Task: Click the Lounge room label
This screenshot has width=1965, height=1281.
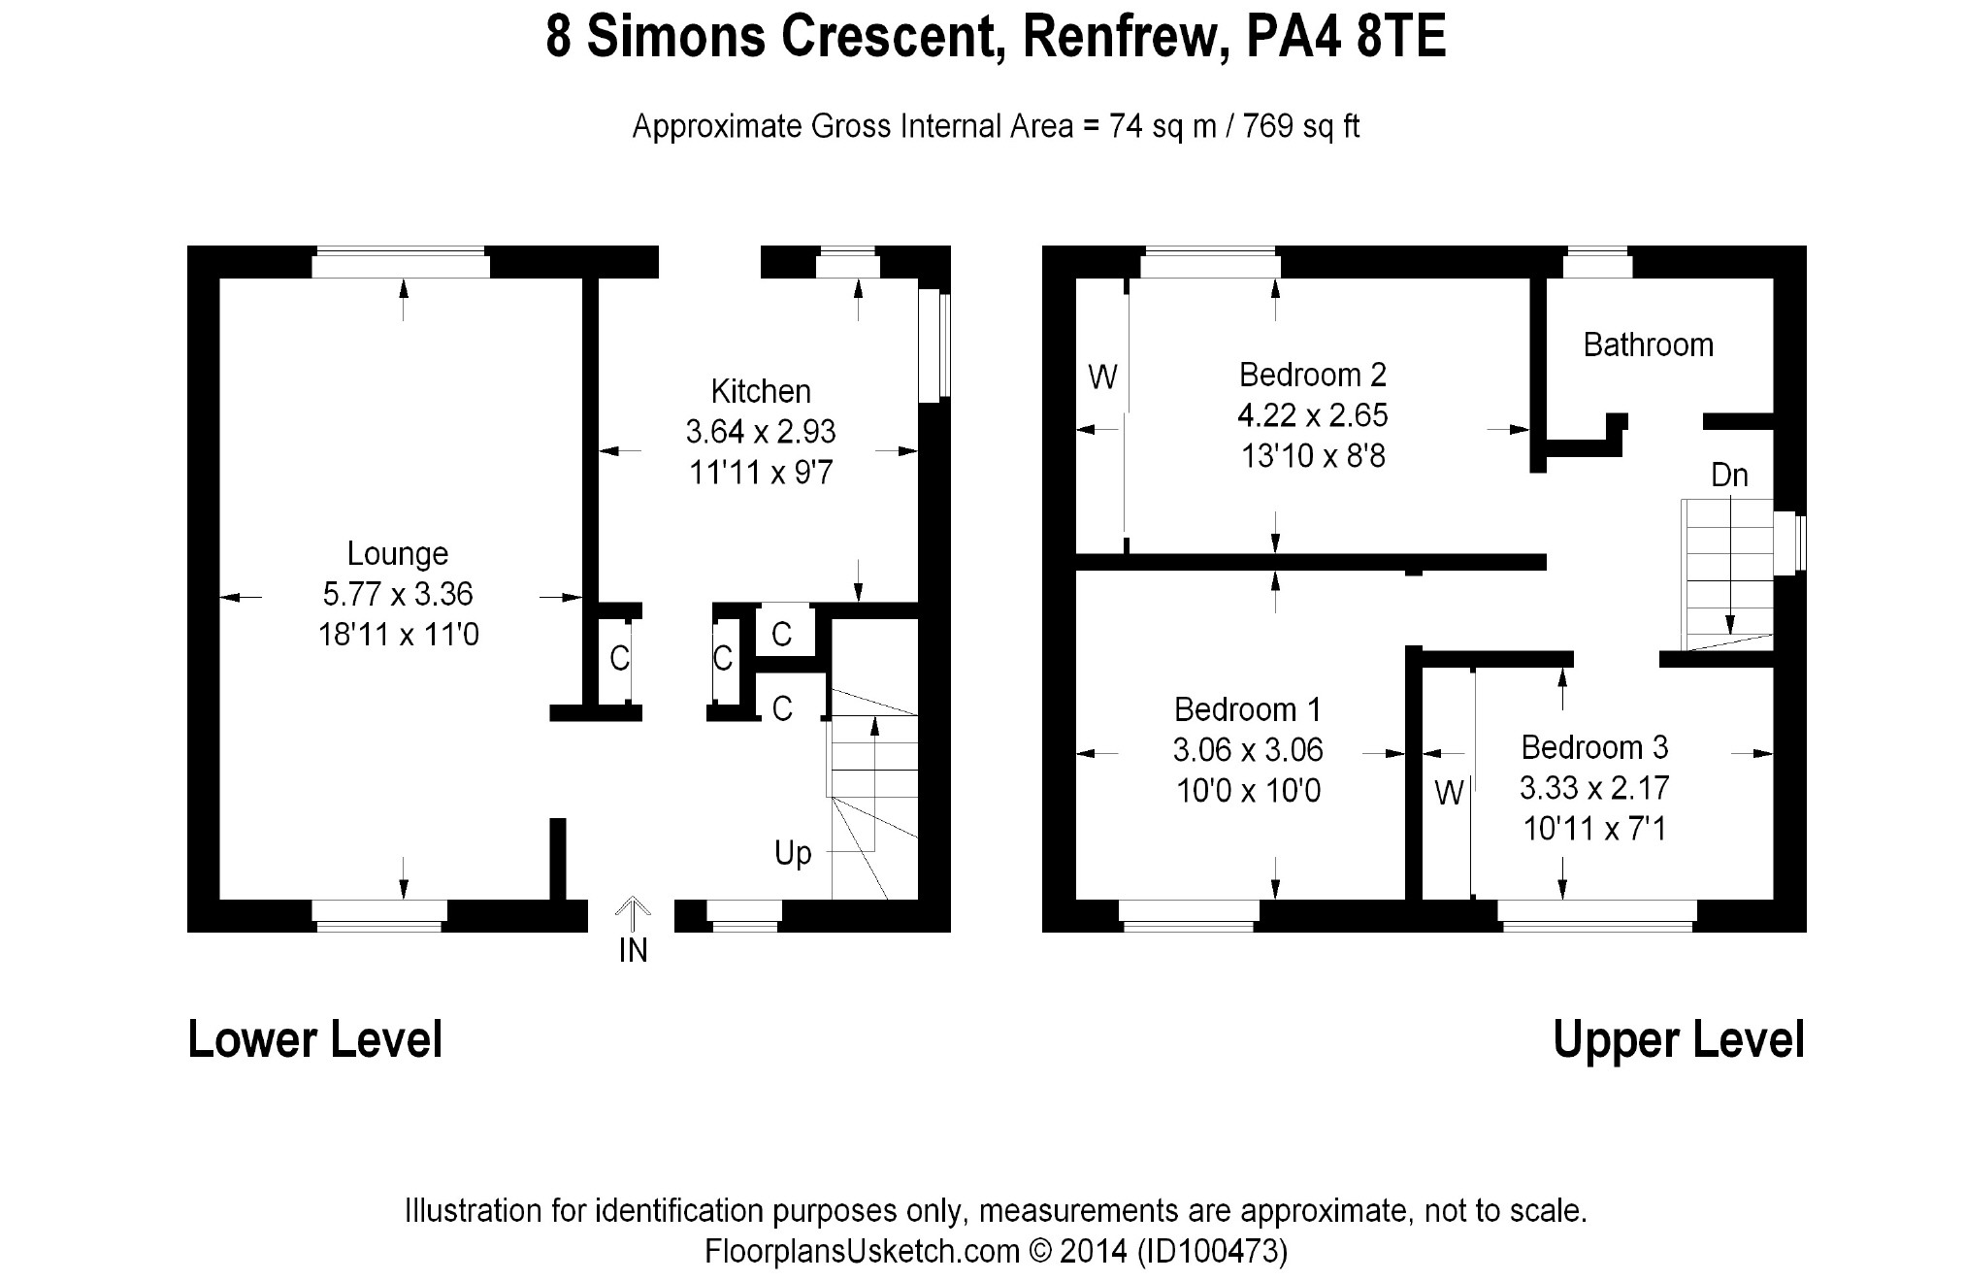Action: [x=398, y=554]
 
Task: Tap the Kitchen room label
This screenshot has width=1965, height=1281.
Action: [x=761, y=392]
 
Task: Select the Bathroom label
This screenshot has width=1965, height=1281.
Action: [x=1648, y=345]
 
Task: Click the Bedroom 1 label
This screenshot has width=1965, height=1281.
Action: [x=1247, y=710]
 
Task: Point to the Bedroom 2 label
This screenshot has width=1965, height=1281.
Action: [x=1312, y=375]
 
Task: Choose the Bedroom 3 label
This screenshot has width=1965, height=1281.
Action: [x=1594, y=747]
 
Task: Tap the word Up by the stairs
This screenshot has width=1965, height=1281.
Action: [x=793, y=854]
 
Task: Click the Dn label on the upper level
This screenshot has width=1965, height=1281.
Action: [x=1729, y=476]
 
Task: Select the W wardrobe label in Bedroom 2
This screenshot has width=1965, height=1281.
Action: [x=1102, y=377]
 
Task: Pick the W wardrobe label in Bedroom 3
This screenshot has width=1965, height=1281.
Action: [x=1448, y=794]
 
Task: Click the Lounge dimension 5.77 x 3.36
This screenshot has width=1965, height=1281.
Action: [x=398, y=594]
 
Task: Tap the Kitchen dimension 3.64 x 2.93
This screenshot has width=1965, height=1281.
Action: [x=761, y=432]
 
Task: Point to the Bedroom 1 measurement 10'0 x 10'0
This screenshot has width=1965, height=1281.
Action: [x=1248, y=792]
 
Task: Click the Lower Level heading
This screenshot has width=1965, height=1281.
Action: [x=315, y=1040]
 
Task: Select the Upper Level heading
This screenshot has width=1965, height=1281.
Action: [x=1679, y=1040]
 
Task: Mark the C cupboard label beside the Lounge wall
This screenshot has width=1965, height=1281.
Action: [x=619, y=659]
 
